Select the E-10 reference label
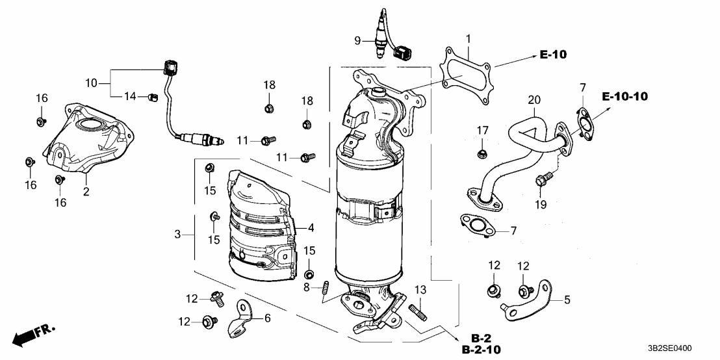552,55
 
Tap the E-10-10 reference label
624,97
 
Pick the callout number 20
534,101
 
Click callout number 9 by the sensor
357,41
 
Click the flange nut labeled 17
482,153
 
